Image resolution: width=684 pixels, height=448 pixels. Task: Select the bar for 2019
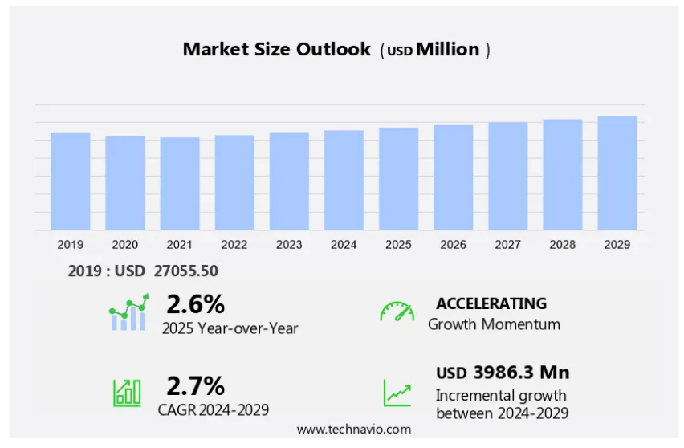pyautogui.click(x=71, y=181)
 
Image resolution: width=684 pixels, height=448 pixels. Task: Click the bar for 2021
pyautogui.click(x=180, y=184)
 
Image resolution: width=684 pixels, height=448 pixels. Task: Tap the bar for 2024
pyautogui.click(x=344, y=180)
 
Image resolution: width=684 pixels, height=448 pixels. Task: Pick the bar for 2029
pyautogui.click(x=617, y=173)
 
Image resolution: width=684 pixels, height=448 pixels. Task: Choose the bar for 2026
pyautogui.click(x=454, y=177)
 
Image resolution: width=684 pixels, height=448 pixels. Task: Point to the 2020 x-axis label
pyautogui.click(x=125, y=244)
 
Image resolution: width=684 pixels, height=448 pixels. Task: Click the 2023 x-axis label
pyautogui.click(x=289, y=244)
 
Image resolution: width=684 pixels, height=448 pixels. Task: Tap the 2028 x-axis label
pyautogui.click(x=563, y=244)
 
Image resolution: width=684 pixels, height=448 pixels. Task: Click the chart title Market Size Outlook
pyautogui.click(x=277, y=49)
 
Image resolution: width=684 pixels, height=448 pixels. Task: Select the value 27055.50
pyautogui.click(x=181, y=271)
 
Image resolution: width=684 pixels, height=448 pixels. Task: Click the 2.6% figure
pyautogui.click(x=195, y=304)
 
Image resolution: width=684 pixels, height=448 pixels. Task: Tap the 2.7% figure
pyautogui.click(x=195, y=386)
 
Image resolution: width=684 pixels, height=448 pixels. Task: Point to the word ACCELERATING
pyautogui.click(x=491, y=303)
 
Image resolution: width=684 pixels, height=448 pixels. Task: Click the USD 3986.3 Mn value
pyautogui.click(x=503, y=373)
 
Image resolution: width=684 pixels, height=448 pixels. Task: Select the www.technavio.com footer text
pyautogui.click(x=353, y=430)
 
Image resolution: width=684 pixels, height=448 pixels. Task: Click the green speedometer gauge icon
pyautogui.click(x=397, y=312)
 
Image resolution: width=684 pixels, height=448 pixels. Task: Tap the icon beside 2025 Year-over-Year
pyautogui.click(x=128, y=312)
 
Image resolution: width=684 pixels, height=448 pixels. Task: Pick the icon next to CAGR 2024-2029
pyautogui.click(x=127, y=391)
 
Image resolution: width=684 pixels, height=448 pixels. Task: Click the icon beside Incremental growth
pyautogui.click(x=397, y=392)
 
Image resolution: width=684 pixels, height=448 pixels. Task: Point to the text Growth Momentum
pyautogui.click(x=494, y=324)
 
